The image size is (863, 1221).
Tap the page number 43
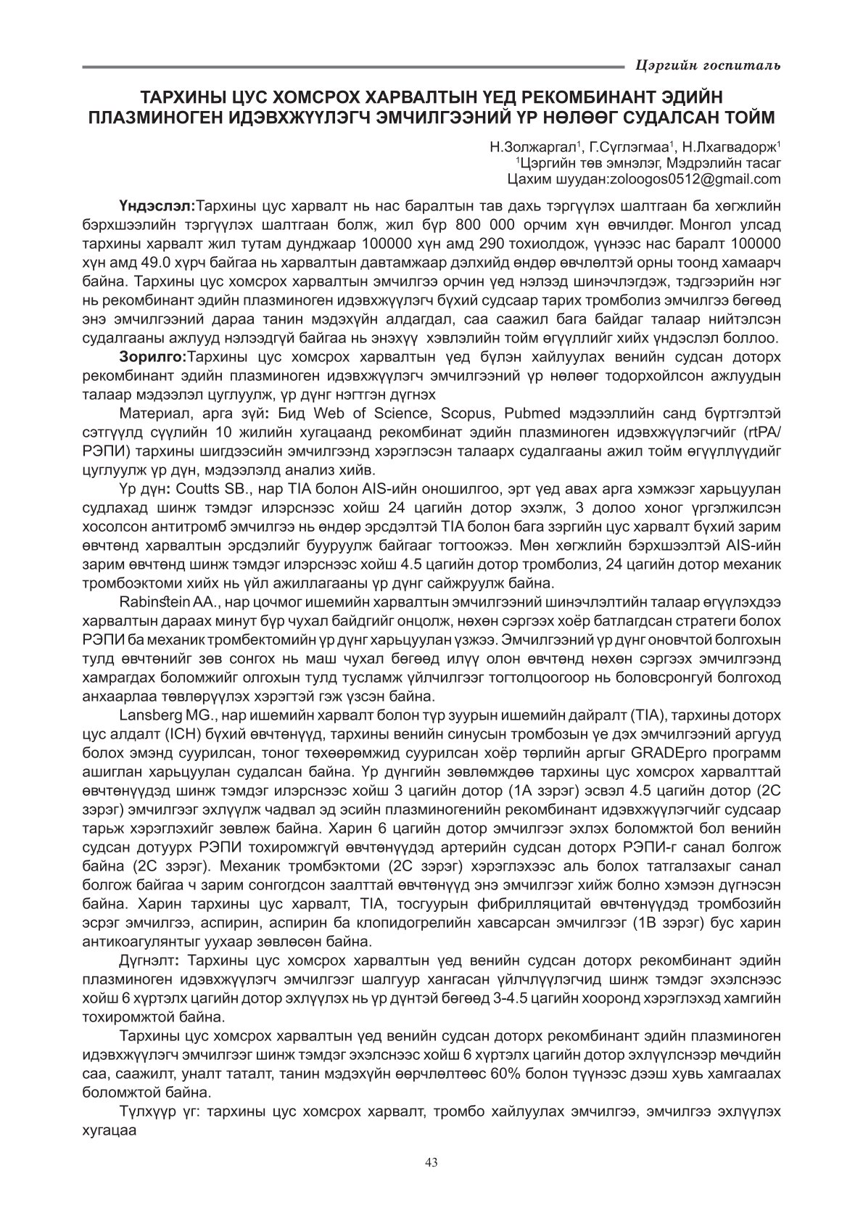pyautogui.click(x=431, y=1162)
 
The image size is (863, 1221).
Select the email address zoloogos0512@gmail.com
pyautogui.click(x=708, y=178)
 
